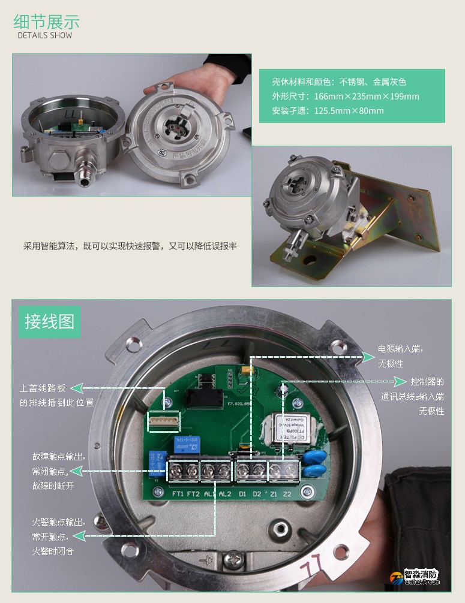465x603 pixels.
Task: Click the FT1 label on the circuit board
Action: [x=178, y=493]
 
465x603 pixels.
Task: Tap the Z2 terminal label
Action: [x=287, y=494]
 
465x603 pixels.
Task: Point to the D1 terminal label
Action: [x=242, y=494]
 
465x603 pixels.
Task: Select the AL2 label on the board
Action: [x=225, y=494]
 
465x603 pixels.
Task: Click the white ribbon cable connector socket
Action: [x=164, y=422]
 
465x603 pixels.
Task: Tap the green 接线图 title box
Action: [x=49, y=321]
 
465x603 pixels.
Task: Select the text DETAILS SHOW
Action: [x=44, y=35]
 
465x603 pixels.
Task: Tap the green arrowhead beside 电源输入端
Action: [x=368, y=357]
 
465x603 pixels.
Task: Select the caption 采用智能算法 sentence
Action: [x=130, y=246]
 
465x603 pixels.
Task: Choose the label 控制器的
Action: [x=427, y=381]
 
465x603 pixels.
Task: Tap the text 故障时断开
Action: [x=53, y=486]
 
